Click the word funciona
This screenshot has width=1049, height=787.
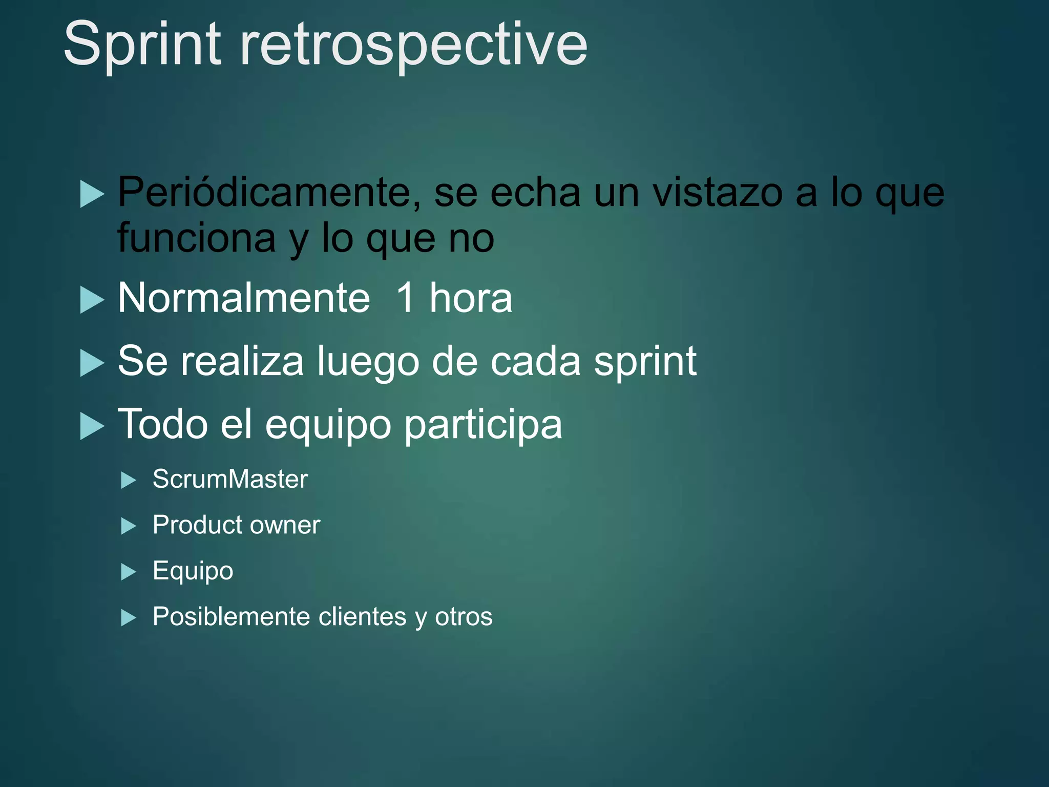point(197,238)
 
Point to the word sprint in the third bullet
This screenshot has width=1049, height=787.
point(645,362)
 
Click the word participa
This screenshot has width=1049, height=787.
point(483,425)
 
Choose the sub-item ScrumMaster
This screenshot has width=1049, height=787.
point(230,480)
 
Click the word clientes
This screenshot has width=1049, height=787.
point(362,616)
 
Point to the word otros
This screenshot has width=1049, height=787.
point(464,616)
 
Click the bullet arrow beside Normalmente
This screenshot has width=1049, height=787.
point(92,300)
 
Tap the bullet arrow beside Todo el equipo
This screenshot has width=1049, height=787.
point(92,426)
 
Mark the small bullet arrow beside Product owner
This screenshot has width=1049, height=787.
point(128,526)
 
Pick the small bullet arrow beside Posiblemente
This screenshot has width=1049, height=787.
point(128,618)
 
